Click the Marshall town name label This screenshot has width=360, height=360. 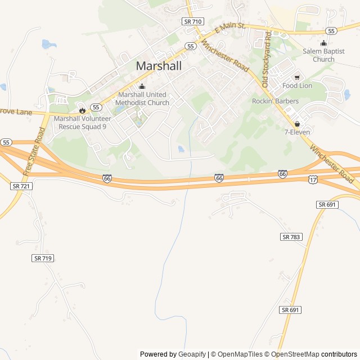click(159, 66)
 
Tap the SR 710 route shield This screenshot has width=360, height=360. click(192, 21)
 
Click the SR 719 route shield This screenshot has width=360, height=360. click(43, 258)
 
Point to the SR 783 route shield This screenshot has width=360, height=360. click(291, 237)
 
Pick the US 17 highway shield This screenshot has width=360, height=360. click(313, 179)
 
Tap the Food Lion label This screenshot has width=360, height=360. click(297, 85)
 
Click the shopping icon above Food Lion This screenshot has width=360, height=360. click(297, 77)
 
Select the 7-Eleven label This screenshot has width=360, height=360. click(297, 132)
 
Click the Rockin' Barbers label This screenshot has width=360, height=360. click(275, 101)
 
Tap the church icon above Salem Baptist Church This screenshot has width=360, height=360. click(323, 43)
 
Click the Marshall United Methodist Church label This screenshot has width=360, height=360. click(142, 99)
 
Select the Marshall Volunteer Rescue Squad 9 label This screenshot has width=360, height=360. click(82, 123)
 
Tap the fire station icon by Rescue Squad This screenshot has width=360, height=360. click(82, 110)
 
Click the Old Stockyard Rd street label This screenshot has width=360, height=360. click(266, 52)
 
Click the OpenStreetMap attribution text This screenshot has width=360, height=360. click(295, 354)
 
